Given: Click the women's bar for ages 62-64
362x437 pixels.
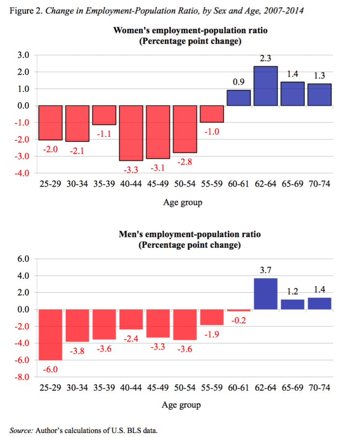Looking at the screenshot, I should (266, 86).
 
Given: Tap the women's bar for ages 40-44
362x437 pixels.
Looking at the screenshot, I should (131, 133).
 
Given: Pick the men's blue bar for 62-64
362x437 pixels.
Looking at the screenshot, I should (266, 294).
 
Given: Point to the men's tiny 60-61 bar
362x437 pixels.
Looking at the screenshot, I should (239, 310).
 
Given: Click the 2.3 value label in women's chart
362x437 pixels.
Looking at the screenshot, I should (266, 59).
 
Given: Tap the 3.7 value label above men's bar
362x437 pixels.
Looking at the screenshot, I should (266, 271).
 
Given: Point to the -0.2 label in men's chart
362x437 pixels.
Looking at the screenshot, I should (239, 320).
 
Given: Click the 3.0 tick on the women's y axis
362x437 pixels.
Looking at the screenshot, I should (24, 55).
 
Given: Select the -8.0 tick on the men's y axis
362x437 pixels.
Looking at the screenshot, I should (23, 377).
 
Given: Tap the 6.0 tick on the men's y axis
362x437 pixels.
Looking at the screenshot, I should (24, 259).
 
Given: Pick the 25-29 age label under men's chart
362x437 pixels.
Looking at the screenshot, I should (51, 387).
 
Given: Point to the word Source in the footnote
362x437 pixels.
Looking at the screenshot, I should (21, 429).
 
